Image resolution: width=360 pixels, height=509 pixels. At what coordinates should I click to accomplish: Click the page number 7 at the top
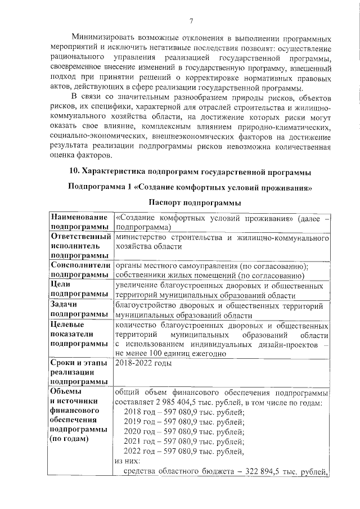(191, 21)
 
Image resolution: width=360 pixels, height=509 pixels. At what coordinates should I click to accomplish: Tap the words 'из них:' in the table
(127, 460)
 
